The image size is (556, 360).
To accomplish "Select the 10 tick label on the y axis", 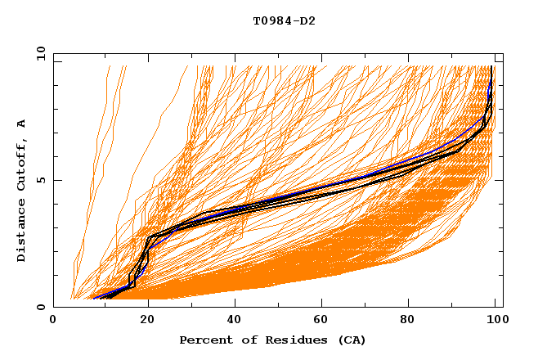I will [x=38, y=53].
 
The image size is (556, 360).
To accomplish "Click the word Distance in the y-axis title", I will [x=22, y=232].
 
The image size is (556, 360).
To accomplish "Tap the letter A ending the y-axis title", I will [x=22, y=124].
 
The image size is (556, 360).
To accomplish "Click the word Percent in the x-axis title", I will [x=204, y=340].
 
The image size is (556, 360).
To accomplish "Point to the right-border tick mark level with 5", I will [x=499, y=180].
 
